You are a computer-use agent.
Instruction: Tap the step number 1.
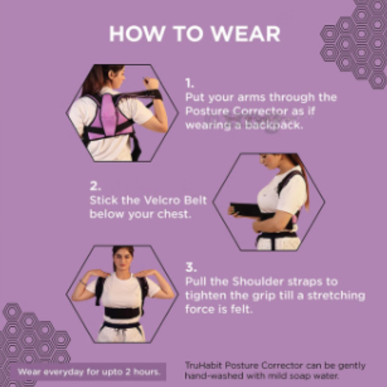(x=188, y=83)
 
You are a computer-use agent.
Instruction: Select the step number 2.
(x=95, y=186)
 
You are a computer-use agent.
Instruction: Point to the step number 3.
(x=191, y=267)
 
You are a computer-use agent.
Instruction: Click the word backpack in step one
(x=273, y=125)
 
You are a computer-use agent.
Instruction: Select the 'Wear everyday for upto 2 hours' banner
(x=88, y=372)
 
